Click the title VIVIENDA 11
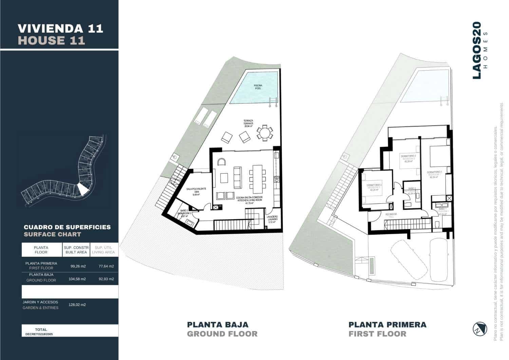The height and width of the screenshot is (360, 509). coord(60,28)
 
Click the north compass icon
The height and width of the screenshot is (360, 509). coord(480,329)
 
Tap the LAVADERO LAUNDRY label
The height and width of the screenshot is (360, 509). coord(272,220)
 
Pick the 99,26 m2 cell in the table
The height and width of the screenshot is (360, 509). coord(78,266)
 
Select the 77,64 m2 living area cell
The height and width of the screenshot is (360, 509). coord(106,266)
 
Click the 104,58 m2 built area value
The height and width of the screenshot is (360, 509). coord(78,279)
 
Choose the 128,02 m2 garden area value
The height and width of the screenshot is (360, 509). coord(78,305)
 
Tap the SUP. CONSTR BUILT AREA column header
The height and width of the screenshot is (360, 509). coord(76,250)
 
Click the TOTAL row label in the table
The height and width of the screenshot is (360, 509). coord(41,330)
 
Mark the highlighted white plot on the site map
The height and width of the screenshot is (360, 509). coord(82,188)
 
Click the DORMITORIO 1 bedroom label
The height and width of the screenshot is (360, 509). coord(435,174)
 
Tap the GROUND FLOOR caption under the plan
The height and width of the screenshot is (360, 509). coord(222,334)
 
